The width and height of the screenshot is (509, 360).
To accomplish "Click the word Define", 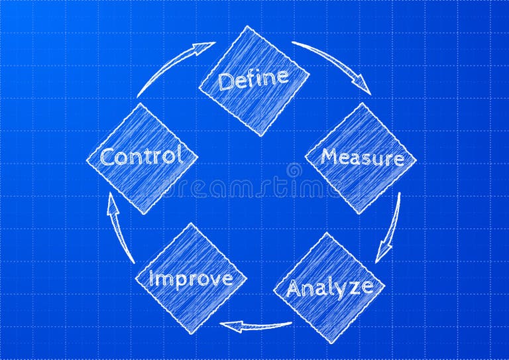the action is [x=253, y=79].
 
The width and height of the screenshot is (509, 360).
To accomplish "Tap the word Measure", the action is [x=363, y=158].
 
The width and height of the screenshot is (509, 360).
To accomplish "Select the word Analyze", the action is [x=330, y=288].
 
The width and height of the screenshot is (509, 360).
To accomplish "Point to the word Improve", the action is [x=191, y=279].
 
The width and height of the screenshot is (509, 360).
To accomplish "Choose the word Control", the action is [x=142, y=156].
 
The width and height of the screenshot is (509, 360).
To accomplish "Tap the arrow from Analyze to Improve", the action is [x=256, y=326].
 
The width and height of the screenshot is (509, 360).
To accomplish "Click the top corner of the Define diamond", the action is [x=248, y=26].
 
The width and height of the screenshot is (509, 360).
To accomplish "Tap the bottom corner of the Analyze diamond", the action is [x=331, y=343].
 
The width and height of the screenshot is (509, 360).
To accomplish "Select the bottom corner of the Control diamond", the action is [x=143, y=214].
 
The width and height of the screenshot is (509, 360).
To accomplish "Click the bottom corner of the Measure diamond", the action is [x=359, y=214].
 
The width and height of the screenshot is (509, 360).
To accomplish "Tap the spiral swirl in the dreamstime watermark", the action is [x=294, y=170].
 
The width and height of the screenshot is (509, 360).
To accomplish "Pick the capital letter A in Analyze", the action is [x=295, y=288].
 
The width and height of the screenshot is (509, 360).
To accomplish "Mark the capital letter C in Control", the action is [x=108, y=157].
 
